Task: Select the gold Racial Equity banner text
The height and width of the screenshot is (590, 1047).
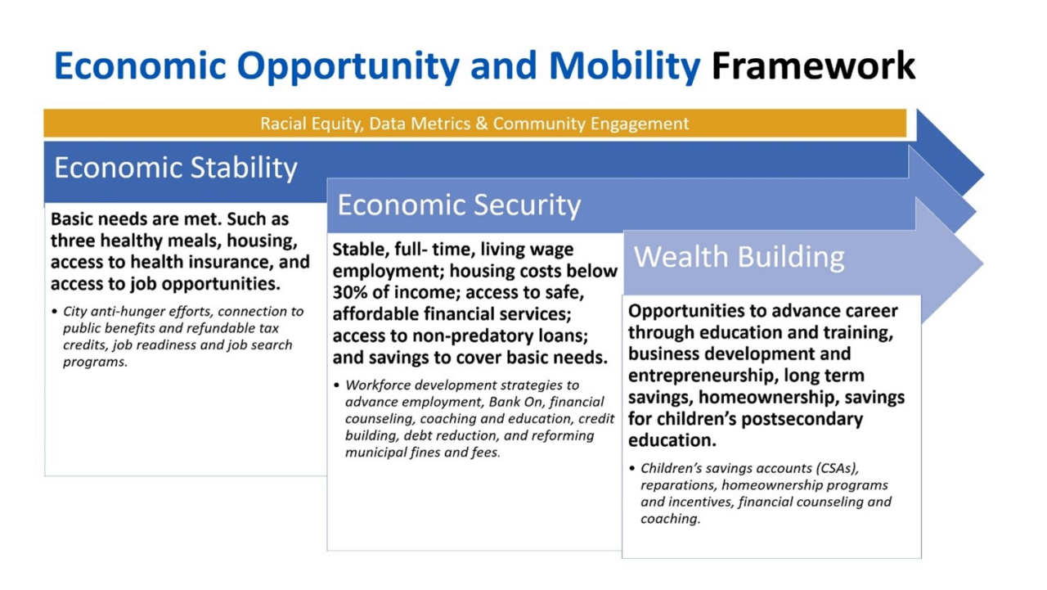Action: click(x=474, y=124)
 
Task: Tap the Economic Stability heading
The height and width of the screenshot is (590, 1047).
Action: click(x=176, y=168)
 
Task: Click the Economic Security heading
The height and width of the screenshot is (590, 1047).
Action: click(x=459, y=205)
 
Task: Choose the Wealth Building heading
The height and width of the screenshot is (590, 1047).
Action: click(x=739, y=257)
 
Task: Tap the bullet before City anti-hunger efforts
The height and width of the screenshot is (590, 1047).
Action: click(x=54, y=312)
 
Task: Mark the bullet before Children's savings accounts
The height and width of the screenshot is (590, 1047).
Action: click(x=632, y=469)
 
